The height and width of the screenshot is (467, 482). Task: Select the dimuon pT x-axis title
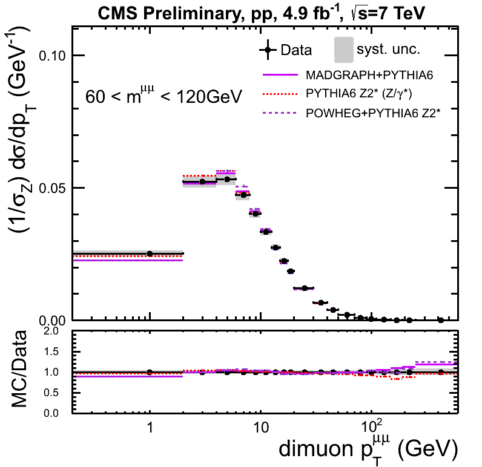point(366,449)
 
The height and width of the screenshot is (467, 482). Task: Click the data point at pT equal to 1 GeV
point(150,253)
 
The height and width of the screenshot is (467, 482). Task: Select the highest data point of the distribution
point(227,179)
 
